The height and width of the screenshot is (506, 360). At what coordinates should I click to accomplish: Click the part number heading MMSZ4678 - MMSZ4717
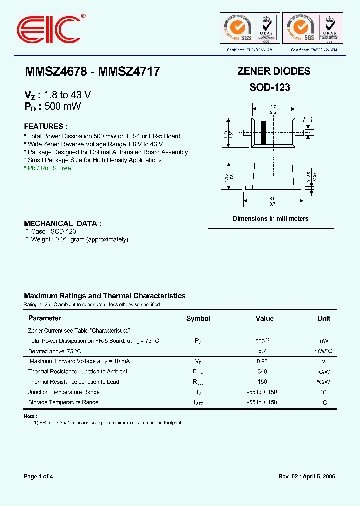[x=92, y=72]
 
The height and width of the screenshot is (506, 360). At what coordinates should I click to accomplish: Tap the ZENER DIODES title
[x=273, y=71]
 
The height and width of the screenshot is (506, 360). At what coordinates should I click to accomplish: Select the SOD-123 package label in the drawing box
[x=270, y=87]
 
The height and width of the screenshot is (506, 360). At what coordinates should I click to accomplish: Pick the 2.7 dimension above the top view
[x=273, y=107]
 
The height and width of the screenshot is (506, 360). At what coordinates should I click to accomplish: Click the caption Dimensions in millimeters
[x=270, y=219]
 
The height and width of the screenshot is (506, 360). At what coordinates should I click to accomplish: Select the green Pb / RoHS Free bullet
[x=48, y=168]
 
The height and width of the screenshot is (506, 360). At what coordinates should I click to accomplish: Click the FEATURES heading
[x=45, y=126]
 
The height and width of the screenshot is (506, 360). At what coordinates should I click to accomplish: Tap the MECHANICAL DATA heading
[x=63, y=224]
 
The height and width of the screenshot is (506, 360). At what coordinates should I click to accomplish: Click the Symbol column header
[x=198, y=319]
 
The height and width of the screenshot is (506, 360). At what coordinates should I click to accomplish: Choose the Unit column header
[x=323, y=319]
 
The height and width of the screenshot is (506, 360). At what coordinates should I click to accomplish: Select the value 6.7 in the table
[x=261, y=351]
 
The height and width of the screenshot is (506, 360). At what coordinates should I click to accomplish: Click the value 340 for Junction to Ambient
[x=261, y=372]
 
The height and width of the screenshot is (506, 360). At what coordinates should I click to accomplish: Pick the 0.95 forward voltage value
[x=261, y=361]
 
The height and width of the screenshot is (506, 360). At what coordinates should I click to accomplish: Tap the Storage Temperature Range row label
[x=63, y=402]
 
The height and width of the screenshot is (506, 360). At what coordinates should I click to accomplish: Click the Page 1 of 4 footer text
[x=38, y=476]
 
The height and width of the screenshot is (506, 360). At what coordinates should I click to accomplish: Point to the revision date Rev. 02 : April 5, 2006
[x=306, y=476]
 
